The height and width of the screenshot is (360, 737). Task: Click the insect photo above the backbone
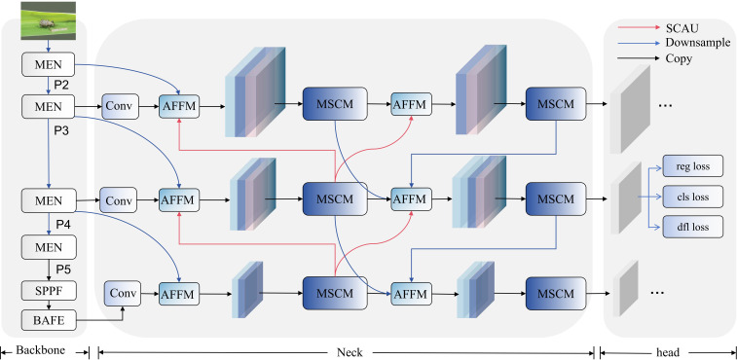pos(49,20)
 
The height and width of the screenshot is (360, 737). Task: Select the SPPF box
pos(49,291)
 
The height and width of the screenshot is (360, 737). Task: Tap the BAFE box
pos(49,320)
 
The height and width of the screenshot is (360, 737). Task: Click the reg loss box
pos(693,166)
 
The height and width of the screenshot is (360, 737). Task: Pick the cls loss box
pos(693,197)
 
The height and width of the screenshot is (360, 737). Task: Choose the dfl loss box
pos(693,227)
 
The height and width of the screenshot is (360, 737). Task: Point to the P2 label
pos(62,85)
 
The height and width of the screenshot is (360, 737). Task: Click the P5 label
pos(63,270)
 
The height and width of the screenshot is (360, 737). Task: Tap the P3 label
pos(61,131)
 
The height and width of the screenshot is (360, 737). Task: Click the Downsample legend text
pos(698,43)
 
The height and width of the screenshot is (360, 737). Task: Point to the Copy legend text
pos(679,58)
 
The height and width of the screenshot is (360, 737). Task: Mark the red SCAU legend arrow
pos(639,27)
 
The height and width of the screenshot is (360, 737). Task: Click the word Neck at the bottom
pos(350,352)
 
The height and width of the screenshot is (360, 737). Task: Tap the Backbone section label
pos(40,350)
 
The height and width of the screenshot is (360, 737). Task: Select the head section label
pos(668,352)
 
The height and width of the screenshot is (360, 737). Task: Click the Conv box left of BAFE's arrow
pos(123,294)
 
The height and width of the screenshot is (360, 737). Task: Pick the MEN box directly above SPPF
pos(49,247)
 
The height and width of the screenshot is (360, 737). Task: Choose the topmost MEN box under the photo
pos(48,64)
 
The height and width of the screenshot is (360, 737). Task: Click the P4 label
pos(63,224)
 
